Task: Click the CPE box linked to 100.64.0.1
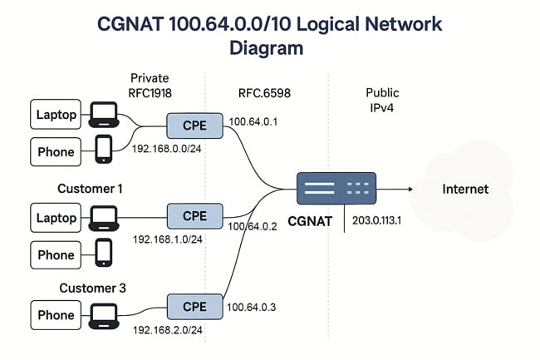pyautogui.click(x=194, y=126)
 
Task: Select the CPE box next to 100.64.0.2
pyautogui.click(x=194, y=216)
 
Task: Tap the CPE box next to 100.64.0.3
pyautogui.click(x=194, y=306)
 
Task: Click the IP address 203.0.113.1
pyautogui.click(x=378, y=220)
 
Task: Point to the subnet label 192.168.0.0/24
pyautogui.click(x=168, y=150)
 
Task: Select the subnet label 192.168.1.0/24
pyautogui.click(x=168, y=239)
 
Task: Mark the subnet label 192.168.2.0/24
pyautogui.click(x=168, y=329)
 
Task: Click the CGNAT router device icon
pyautogui.click(x=336, y=189)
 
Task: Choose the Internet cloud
pyautogui.click(x=464, y=189)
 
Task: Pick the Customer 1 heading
pyautogui.click(x=90, y=189)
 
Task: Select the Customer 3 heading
pyautogui.click(x=90, y=288)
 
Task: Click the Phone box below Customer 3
pyautogui.click(x=56, y=315)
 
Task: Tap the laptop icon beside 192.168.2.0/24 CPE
pyautogui.click(x=104, y=314)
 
